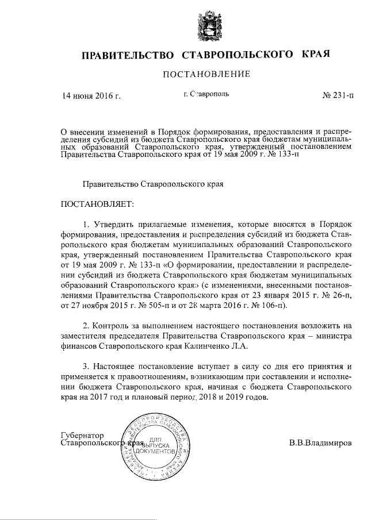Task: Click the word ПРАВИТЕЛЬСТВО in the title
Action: [x=128, y=56]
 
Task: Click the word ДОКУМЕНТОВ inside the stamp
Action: [x=156, y=453]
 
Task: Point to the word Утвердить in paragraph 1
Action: [x=112, y=224]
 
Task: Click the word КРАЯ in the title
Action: [x=316, y=55]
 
